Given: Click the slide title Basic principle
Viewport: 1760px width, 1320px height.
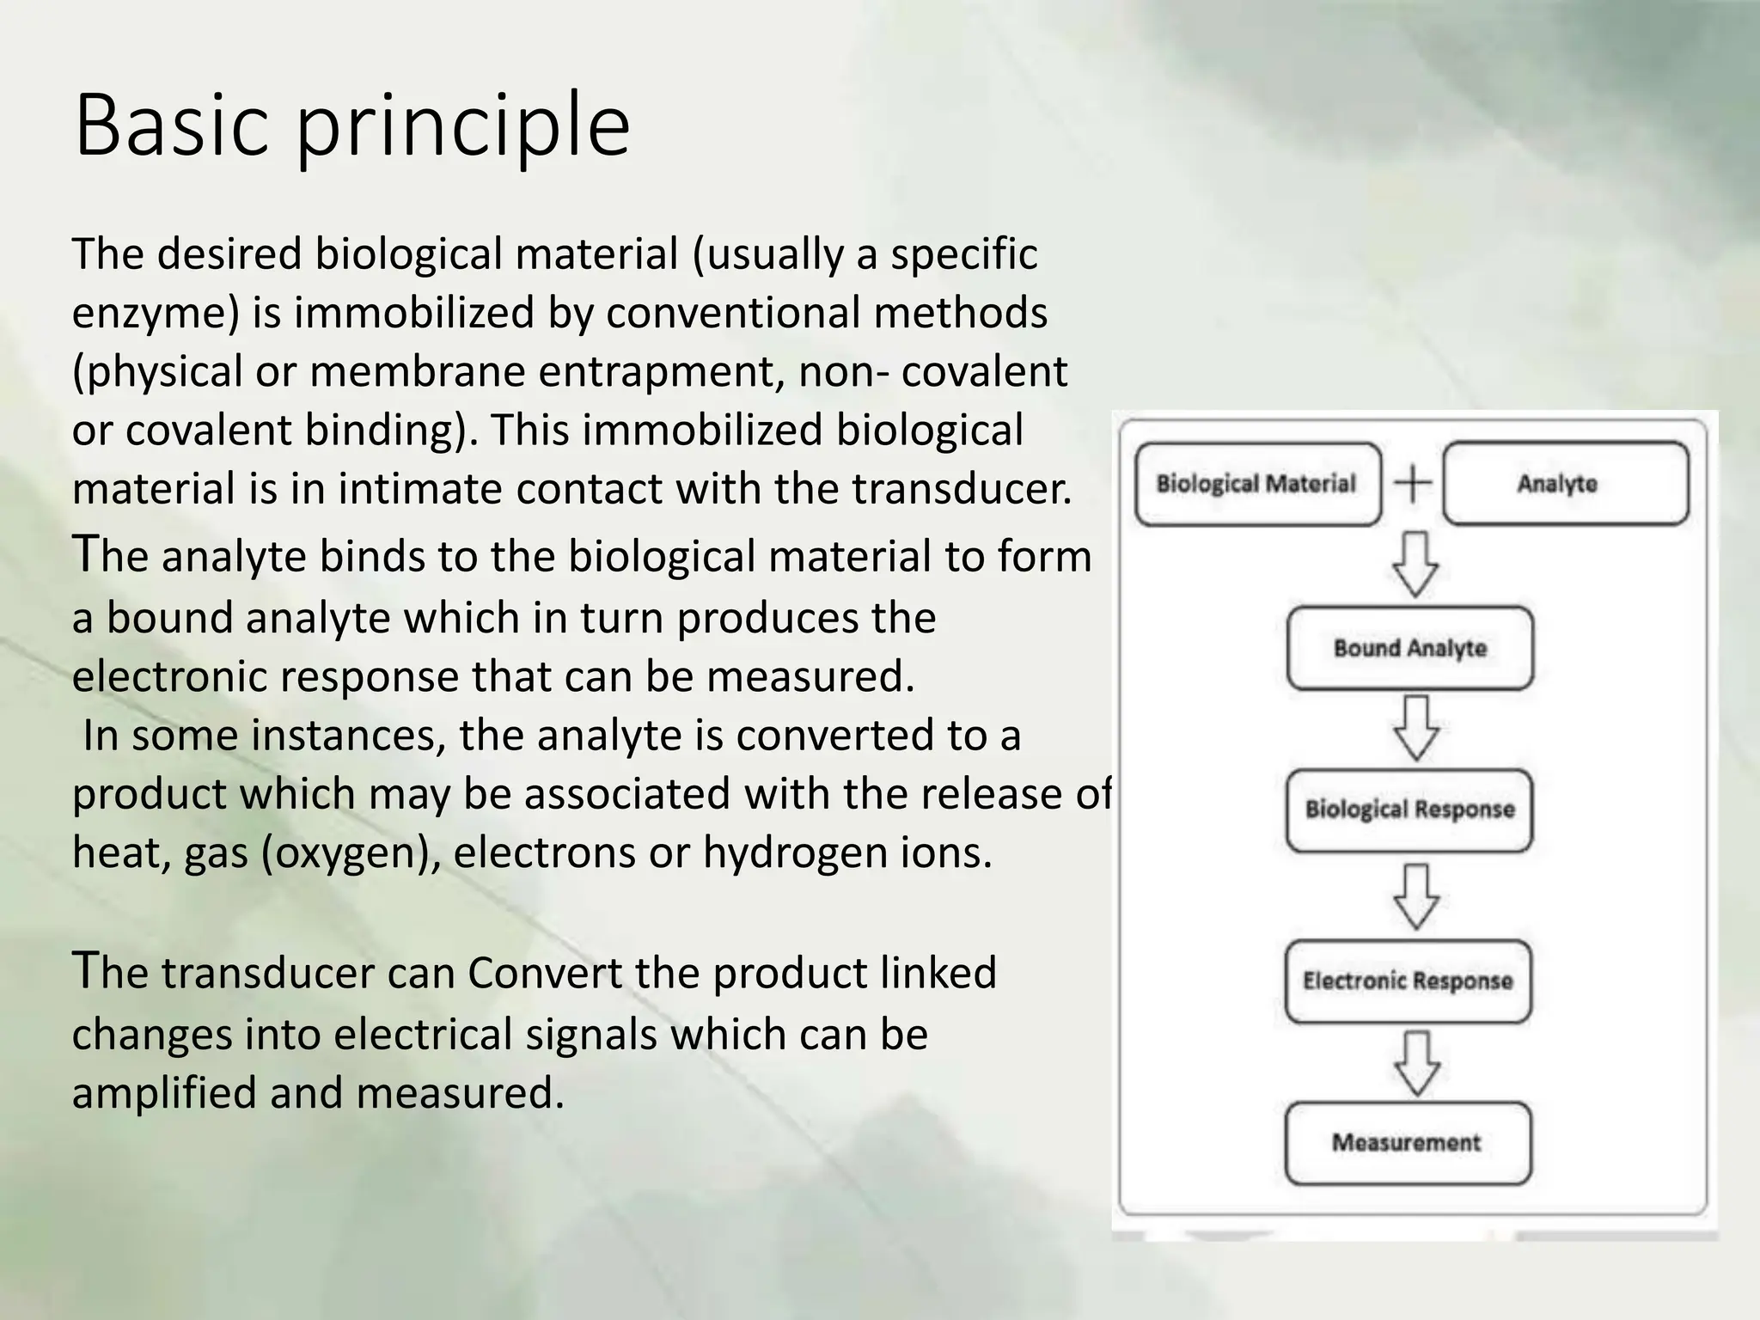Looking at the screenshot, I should (352, 126).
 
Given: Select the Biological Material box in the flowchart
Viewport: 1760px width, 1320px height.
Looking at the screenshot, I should (1256, 484).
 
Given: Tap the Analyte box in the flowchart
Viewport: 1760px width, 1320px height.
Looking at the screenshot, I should (1565, 484).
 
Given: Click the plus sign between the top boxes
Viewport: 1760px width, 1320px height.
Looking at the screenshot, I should (1413, 483).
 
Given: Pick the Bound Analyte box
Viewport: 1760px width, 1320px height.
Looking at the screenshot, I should (1409, 648).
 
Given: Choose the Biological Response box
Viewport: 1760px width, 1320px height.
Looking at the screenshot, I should (1409, 810).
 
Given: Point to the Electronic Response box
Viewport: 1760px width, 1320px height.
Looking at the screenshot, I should (1408, 981).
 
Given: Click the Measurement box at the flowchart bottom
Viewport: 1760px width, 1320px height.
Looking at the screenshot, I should (1408, 1143).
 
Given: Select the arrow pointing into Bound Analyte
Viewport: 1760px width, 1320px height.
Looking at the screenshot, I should (1415, 565).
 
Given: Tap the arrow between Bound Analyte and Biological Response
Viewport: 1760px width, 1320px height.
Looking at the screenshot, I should (1415, 729).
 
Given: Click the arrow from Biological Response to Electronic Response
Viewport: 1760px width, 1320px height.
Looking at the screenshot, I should (1415, 896).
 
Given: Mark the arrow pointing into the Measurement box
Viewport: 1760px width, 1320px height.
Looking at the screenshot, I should (1415, 1064).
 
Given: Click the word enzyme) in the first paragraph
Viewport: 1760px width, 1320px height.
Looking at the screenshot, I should (155, 313).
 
